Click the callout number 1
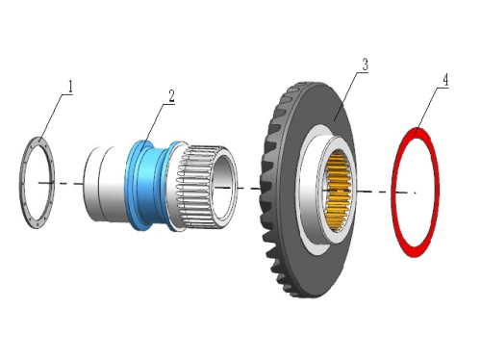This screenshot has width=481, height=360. pos(70,88)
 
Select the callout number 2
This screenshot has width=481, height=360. pos(172,96)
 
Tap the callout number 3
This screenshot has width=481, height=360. pos(365,64)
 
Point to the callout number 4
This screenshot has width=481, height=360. pos(445,80)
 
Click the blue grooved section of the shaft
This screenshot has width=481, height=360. pos(151,186)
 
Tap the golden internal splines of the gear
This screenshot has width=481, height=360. pos(339,191)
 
